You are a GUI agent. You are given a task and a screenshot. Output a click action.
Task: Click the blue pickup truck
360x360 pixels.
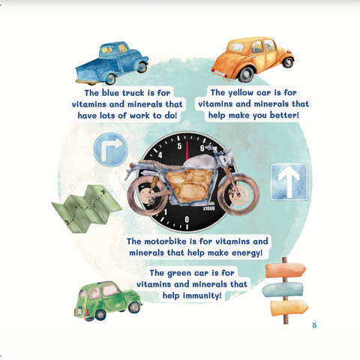tap(112, 64)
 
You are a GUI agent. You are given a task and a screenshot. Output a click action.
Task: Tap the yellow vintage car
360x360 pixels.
tap(252, 59)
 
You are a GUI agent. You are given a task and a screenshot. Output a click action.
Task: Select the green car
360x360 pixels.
tap(108, 301)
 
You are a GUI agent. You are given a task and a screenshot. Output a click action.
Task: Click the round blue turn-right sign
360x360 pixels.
tap(111, 149)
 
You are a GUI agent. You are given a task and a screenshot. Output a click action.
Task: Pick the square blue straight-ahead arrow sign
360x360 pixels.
tap(289, 182)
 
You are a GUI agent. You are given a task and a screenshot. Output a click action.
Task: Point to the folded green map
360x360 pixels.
tap(87, 208)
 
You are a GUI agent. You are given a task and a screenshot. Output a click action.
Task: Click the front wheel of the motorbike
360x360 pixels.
tap(238, 194)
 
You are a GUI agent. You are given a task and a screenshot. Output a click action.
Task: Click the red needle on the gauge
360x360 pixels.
tap(187, 151)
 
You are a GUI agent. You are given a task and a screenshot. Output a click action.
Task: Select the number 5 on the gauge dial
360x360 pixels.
tap(179, 146)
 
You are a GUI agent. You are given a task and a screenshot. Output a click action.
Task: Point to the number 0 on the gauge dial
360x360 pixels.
tap(187, 220)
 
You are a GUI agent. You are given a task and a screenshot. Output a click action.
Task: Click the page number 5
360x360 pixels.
tap(314, 325)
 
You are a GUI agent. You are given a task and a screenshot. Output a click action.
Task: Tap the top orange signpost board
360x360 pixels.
tap(286, 270)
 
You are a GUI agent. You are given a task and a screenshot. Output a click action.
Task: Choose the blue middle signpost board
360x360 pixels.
tap(283, 289)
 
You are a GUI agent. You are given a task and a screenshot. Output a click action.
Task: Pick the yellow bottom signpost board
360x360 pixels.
tap(289, 307)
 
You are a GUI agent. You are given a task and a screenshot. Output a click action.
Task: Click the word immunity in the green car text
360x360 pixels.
tap(202, 295)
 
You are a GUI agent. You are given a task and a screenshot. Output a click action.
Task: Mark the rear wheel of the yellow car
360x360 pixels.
tap(246, 74)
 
